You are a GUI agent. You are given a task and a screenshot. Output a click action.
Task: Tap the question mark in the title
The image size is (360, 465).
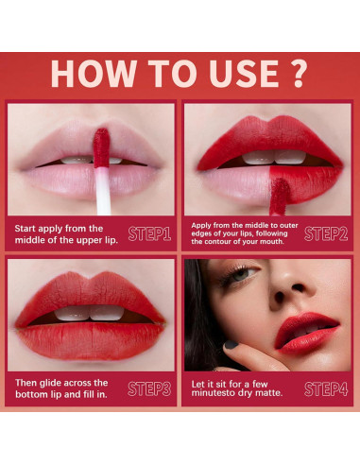coord(300,74)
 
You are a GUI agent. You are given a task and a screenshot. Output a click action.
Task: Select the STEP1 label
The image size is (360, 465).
coord(149,232)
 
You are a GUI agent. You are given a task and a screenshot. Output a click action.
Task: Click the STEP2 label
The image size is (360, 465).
coord(326,232)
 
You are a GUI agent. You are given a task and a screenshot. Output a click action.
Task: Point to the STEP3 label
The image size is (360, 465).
coord(149,387)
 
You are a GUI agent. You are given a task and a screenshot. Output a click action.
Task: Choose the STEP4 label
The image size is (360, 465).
coord(326,387)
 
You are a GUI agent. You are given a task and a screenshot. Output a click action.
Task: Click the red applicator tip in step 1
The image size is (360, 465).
coord(100,146)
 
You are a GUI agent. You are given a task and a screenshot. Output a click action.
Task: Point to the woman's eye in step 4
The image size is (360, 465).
coord(239,274)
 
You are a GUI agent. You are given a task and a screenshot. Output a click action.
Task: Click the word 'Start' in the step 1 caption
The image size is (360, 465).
coord(27,228)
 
